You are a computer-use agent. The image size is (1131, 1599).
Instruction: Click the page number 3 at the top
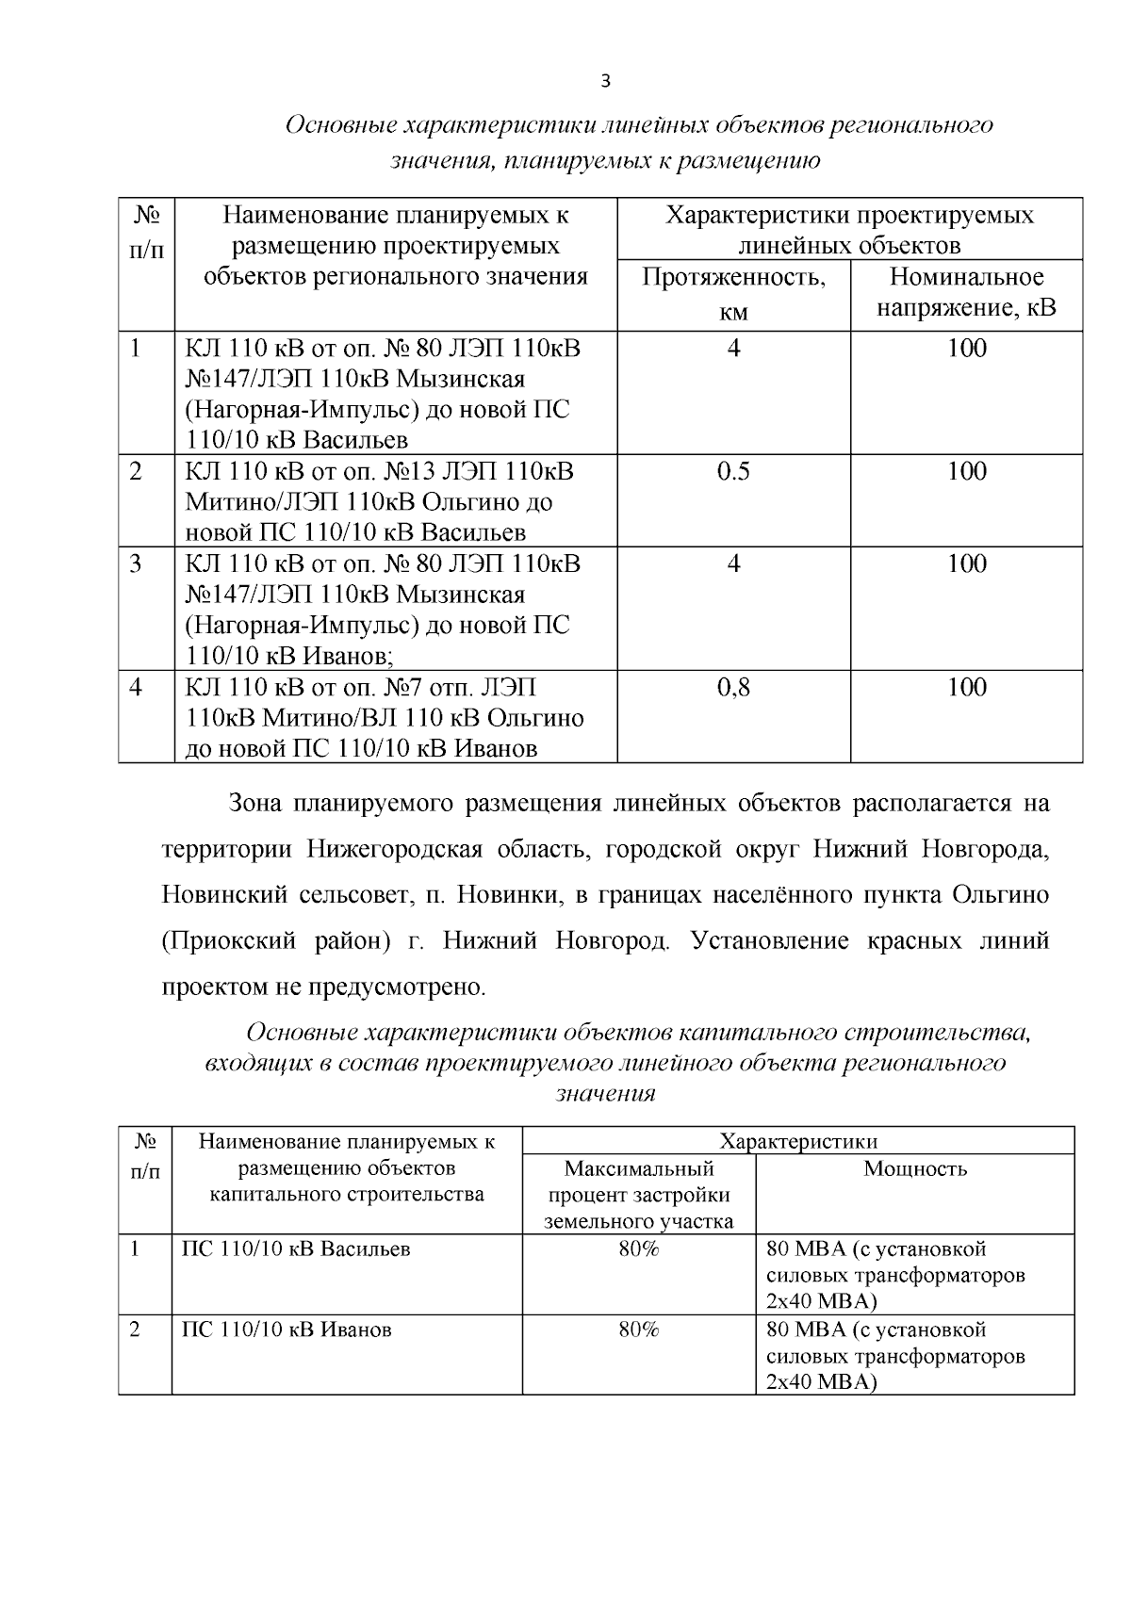(x=605, y=82)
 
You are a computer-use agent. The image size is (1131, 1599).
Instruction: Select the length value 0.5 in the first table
(x=733, y=472)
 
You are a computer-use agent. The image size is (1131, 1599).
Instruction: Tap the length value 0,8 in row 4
(x=733, y=688)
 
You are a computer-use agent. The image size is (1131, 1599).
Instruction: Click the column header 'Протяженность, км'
(x=733, y=294)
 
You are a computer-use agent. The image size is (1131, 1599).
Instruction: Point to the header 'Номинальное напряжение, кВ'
(x=966, y=292)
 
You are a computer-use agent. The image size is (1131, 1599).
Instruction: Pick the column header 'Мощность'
(x=914, y=1169)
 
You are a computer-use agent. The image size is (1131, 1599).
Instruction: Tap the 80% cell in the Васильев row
(x=639, y=1249)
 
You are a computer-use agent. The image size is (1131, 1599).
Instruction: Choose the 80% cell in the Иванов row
(x=639, y=1330)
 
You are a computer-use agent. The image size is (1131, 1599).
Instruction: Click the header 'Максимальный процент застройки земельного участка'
(x=639, y=1196)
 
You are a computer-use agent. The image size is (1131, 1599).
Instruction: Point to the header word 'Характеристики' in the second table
(x=798, y=1142)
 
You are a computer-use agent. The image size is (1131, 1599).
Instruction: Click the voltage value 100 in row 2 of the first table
(x=966, y=472)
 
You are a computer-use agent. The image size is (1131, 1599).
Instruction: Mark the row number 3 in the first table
(x=136, y=564)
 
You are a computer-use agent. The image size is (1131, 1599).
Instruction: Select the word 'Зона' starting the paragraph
(x=254, y=804)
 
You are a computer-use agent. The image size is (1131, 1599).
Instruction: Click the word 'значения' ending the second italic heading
(x=605, y=1094)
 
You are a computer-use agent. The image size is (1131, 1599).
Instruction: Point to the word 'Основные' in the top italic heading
(x=339, y=125)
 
